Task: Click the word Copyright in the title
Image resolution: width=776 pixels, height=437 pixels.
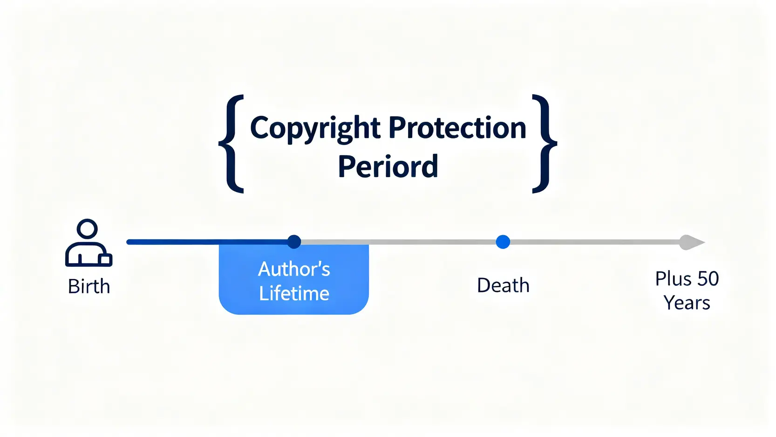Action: click(315, 129)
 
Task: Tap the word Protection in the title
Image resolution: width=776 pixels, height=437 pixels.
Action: click(457, 128)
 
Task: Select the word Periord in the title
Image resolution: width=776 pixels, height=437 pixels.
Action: click(388, 166)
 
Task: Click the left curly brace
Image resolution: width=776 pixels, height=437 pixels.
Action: click(231, 144)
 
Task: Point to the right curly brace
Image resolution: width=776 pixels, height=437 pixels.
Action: click(545, 144)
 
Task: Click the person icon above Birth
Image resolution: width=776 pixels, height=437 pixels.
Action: click(88, 243)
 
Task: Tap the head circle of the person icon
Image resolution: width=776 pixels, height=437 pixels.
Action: click(88, 229)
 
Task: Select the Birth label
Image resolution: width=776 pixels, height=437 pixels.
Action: click(89, 286)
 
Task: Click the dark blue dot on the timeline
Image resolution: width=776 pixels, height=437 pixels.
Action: click(294, 242)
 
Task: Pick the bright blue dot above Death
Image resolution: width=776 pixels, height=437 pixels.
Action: click(503, 242)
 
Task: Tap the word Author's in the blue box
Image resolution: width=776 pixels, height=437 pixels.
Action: click(294, 269)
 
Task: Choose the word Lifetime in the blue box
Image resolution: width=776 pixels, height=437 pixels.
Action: click(294, 294)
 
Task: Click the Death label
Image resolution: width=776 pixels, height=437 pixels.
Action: click(504, 285)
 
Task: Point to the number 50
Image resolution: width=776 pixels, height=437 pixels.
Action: click(708, 279)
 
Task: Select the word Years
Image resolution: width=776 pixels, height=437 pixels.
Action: click(687, 303)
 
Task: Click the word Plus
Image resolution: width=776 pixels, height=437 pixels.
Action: click(674, 279)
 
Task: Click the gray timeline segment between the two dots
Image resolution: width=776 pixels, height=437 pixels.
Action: click(398, 242)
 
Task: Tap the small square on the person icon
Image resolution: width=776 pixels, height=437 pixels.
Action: click(106, 260)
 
